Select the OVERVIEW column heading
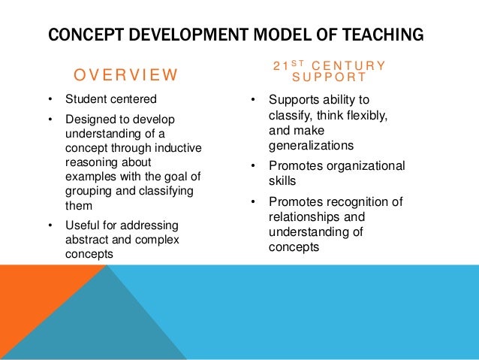[x=125, y=74]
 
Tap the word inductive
[x=174, y=148]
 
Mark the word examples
[x=89, y=177]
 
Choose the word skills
[x=282, y=180]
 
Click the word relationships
[x=304, y=216]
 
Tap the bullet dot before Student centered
[x=50, y=98]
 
